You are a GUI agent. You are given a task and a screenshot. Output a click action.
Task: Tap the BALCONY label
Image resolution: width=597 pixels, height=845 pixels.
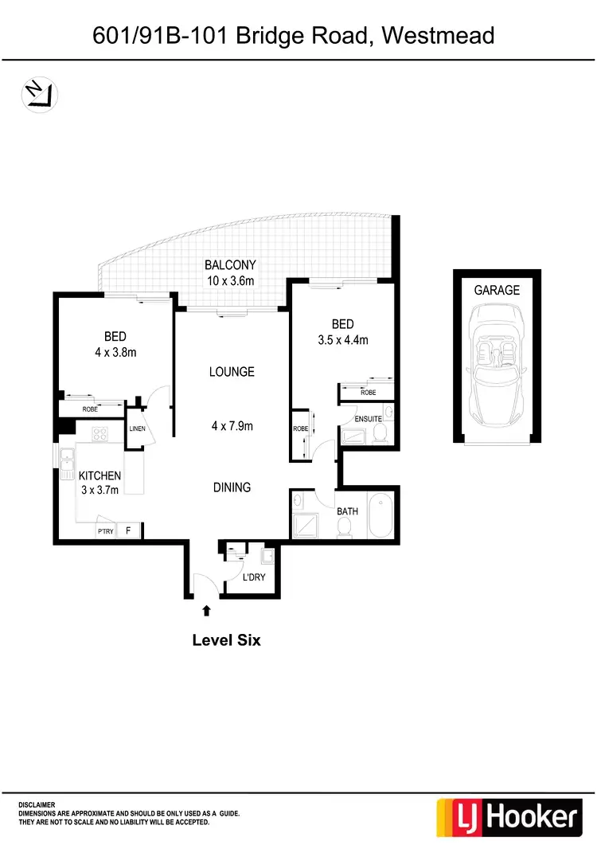(230, 265)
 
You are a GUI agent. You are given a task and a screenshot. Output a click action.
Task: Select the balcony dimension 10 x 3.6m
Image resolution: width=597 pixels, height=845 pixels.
(230, 280)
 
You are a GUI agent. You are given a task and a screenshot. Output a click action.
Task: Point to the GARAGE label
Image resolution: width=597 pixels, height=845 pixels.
(497, 291)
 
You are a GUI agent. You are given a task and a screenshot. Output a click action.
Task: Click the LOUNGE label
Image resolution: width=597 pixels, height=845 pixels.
(232, 372)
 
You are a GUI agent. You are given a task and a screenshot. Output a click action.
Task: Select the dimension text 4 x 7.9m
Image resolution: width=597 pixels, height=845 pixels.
(232, 426)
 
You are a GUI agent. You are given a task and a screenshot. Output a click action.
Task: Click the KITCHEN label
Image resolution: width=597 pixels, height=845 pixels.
(99, 475)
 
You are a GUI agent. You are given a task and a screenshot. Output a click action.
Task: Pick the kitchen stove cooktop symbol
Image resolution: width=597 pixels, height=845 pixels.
(101, 435)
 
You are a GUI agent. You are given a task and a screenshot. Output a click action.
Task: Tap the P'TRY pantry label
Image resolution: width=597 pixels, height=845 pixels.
(105, 531)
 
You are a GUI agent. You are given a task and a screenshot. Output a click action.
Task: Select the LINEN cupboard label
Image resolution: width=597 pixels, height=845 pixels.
(136, 430)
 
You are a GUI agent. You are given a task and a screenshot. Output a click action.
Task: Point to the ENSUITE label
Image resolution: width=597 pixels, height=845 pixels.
(369, 419)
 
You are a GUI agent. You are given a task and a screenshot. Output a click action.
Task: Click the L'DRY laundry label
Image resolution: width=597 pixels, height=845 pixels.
(254, 577)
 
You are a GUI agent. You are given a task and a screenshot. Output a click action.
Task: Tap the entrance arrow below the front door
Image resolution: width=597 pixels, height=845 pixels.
(207, 611)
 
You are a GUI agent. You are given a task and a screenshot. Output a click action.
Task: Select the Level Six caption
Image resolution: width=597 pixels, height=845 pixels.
(226, 640)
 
